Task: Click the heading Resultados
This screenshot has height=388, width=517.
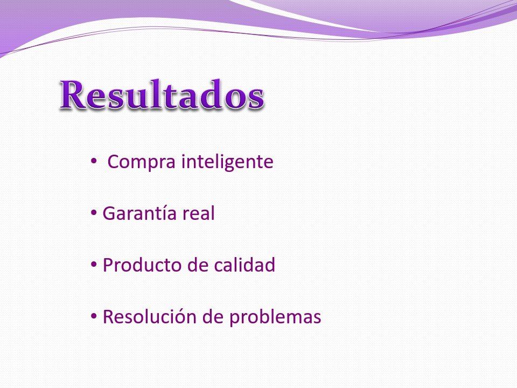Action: pos(162,94)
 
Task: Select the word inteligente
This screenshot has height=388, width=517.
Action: pos(227,161)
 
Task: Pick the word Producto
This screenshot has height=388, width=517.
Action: pos(142,265)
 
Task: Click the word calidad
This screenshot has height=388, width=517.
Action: pos(244,264)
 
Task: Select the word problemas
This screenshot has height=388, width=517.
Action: pos(275,316)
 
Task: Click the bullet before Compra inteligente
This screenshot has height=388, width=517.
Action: pos(94,161)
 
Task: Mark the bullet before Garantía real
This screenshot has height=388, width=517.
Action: pos(94,213)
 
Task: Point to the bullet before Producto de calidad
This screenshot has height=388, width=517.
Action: pos(94,264)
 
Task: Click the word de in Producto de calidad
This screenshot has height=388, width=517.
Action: pos(198,264)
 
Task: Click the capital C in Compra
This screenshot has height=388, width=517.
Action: pos(114,161)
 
